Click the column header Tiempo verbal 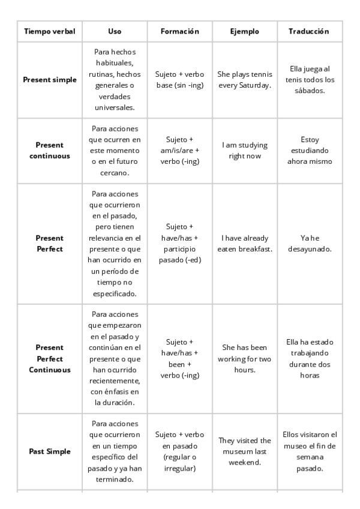click(x=49, y=31)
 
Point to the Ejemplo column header click(x=245, y=31)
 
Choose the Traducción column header click(x=309, y=31)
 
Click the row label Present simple click(x=49, y=80)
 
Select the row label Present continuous click(x=49, y=150)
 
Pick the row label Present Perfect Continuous click(x=49, y=358)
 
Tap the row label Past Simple click(x=49, y=451)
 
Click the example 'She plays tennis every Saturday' click(x=245, y=80)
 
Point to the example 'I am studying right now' click(x=245, y=150)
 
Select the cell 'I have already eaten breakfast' click(x=245, y=243)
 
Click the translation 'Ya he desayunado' click(x=309, y=243)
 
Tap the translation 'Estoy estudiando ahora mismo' click(x=309, y=150)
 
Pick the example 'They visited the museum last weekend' click(x=245, y=451)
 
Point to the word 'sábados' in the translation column click(x=309, y=91)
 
